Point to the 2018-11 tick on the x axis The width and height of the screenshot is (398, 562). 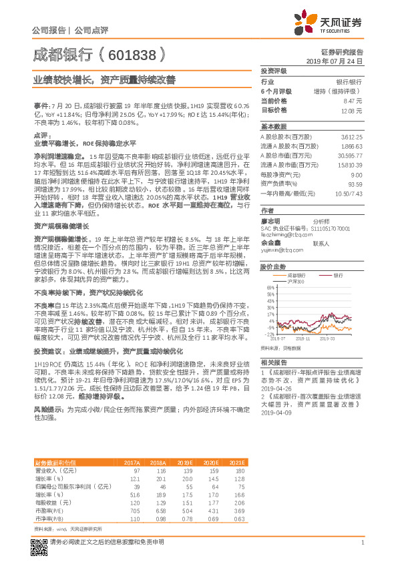tap(305, 339)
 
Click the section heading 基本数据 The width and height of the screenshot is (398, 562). tap(273, 127)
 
